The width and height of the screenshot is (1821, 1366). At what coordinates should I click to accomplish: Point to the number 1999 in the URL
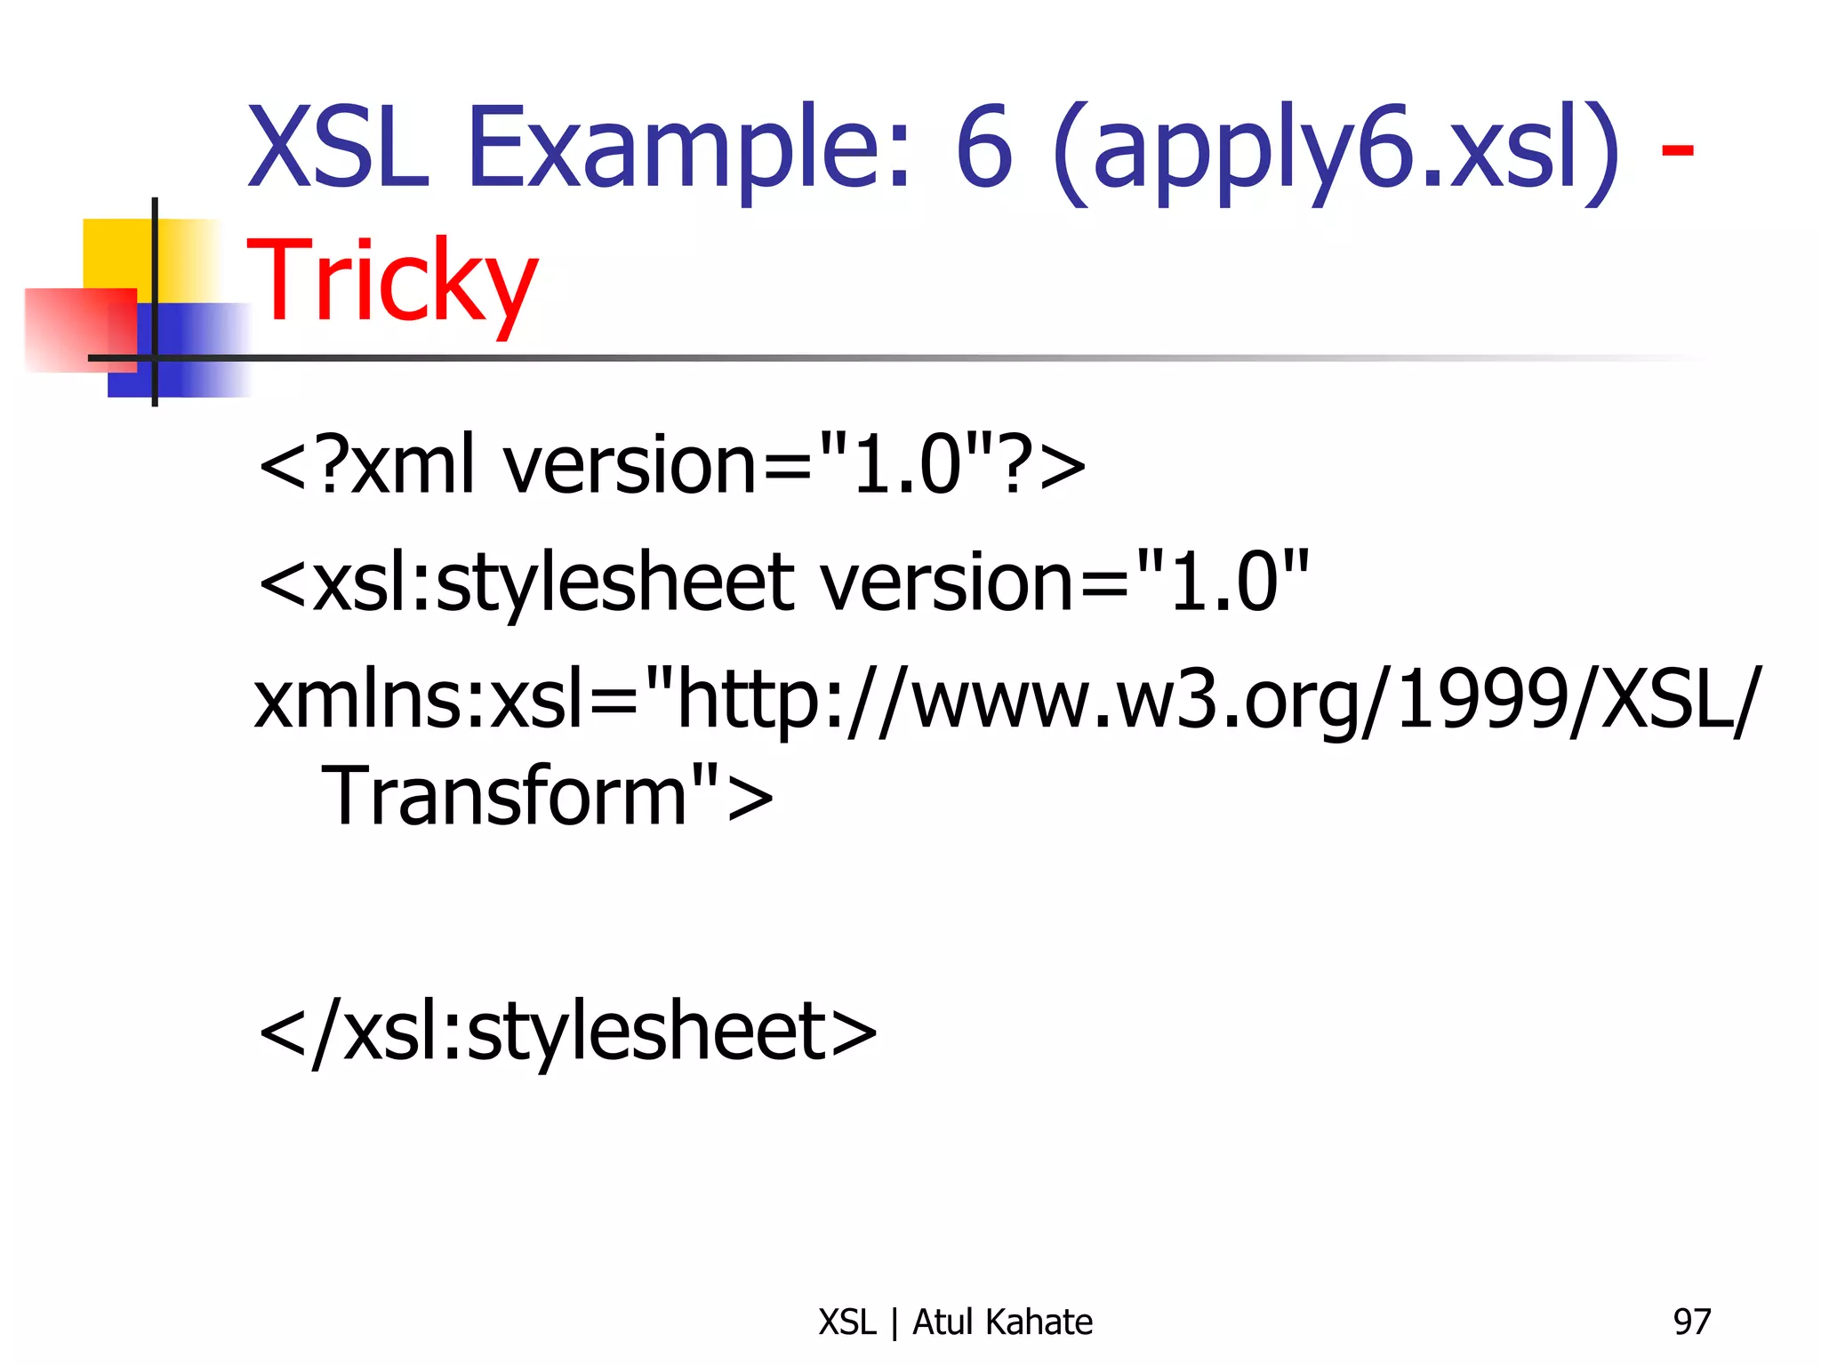click(1480, 700)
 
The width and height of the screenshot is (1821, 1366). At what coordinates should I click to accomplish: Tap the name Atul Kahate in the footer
click(1002, 1322)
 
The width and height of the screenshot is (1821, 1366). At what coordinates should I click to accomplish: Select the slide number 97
click(1691, 1322)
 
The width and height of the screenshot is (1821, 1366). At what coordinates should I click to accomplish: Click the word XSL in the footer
click(847, 1322)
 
